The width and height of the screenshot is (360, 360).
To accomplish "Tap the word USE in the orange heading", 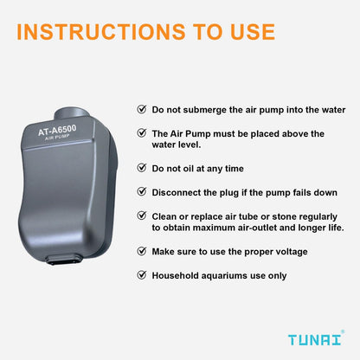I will click(x=245, y=32).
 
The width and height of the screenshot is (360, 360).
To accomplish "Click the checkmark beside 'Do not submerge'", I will click(x=142, y=110).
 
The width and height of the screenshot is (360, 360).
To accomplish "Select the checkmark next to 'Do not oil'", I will click(x=142, y=167).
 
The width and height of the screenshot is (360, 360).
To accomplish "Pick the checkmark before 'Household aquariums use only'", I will click(x=142, y=275).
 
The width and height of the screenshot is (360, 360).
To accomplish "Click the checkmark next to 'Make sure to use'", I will click(x=142, y=252).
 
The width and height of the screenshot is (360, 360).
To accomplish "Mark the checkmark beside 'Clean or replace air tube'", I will click(x=142, y=215).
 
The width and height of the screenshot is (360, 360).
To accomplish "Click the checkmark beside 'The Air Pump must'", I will click(x=142, y=133).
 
